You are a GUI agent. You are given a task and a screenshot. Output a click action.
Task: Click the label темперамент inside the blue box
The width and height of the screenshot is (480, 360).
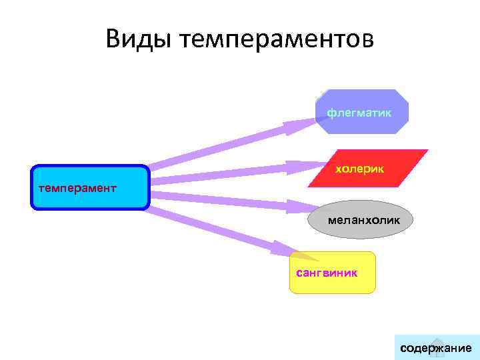coord(77,187)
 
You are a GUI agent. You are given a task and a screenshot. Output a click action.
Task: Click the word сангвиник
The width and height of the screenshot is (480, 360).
coord(326,273)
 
